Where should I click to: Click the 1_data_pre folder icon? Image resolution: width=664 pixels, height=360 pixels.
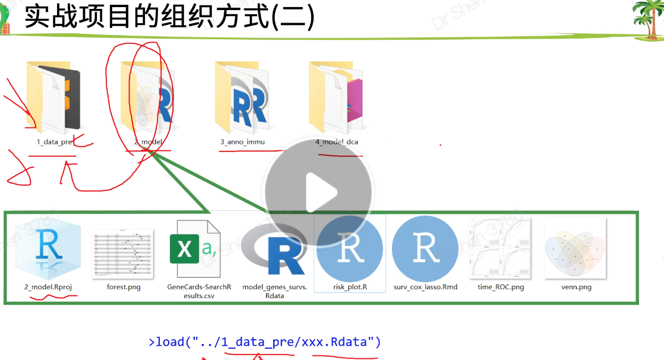point(53,96)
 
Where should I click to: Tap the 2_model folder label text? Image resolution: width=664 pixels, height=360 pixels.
point(148,142)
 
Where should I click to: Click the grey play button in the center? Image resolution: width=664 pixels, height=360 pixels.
point(318,191)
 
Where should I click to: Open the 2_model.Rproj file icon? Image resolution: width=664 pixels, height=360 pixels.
point(47,248)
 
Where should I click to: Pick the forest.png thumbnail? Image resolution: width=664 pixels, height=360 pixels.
point(122,248)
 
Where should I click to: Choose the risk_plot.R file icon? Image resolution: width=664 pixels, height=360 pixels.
point(350,248)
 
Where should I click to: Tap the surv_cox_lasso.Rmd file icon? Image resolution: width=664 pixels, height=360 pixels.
point(425,248)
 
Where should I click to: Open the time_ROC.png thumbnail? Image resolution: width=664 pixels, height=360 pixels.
point(500,248)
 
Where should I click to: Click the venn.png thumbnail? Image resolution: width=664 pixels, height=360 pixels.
point(576,248)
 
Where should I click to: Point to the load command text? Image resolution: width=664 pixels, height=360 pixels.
point(265,342)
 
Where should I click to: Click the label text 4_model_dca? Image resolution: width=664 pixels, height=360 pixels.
point(337,142)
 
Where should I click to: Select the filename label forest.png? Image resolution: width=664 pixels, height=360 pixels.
point(123,287)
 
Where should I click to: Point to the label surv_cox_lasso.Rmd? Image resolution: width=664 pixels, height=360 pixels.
point(425,287)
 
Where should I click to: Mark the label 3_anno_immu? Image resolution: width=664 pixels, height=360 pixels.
point(242,142)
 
